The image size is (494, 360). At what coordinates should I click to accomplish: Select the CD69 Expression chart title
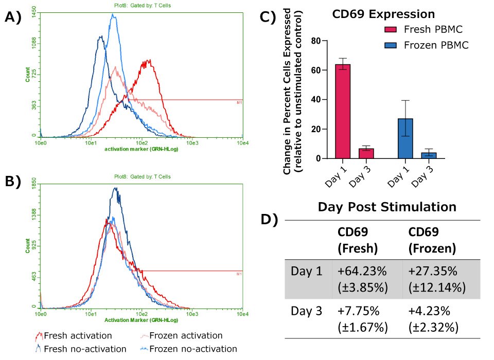[x=376, y=13]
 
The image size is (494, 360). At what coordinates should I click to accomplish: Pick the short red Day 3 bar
[x=366, y=153]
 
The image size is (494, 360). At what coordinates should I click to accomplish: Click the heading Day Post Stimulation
[x=386, y=207]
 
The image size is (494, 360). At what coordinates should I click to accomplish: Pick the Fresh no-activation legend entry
[x=85, y=349]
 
